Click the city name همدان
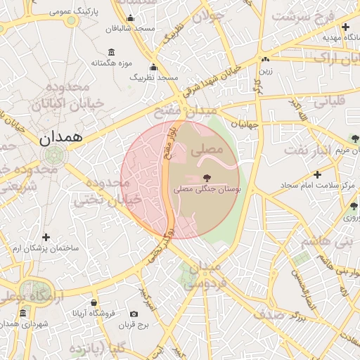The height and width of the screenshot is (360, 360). click(x=58, y=138)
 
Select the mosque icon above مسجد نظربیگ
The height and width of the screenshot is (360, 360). click(x=154, y=67)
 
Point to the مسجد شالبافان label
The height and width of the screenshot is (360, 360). click(x=129, y=30)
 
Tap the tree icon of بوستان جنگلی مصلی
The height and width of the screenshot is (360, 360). click(x=206, y=178)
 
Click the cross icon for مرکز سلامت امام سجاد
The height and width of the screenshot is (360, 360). click(x=317, y=174)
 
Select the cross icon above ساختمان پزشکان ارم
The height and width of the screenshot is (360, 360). click(x=46, y=238)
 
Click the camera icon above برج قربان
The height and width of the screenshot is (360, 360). click(x=134, y=314)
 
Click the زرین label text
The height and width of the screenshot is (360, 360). click(x=266, y=70)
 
